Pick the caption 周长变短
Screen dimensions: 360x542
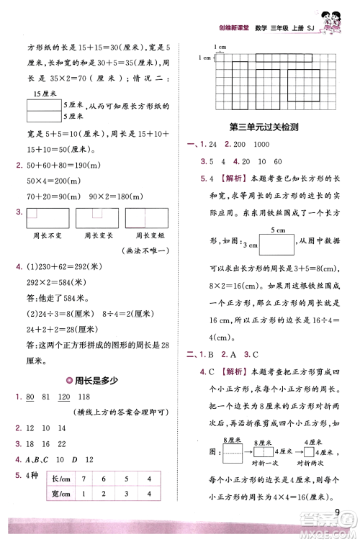click(142, 235)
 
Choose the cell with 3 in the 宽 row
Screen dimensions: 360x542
click(128, 493)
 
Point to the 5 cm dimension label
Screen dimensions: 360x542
click(278, 230)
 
